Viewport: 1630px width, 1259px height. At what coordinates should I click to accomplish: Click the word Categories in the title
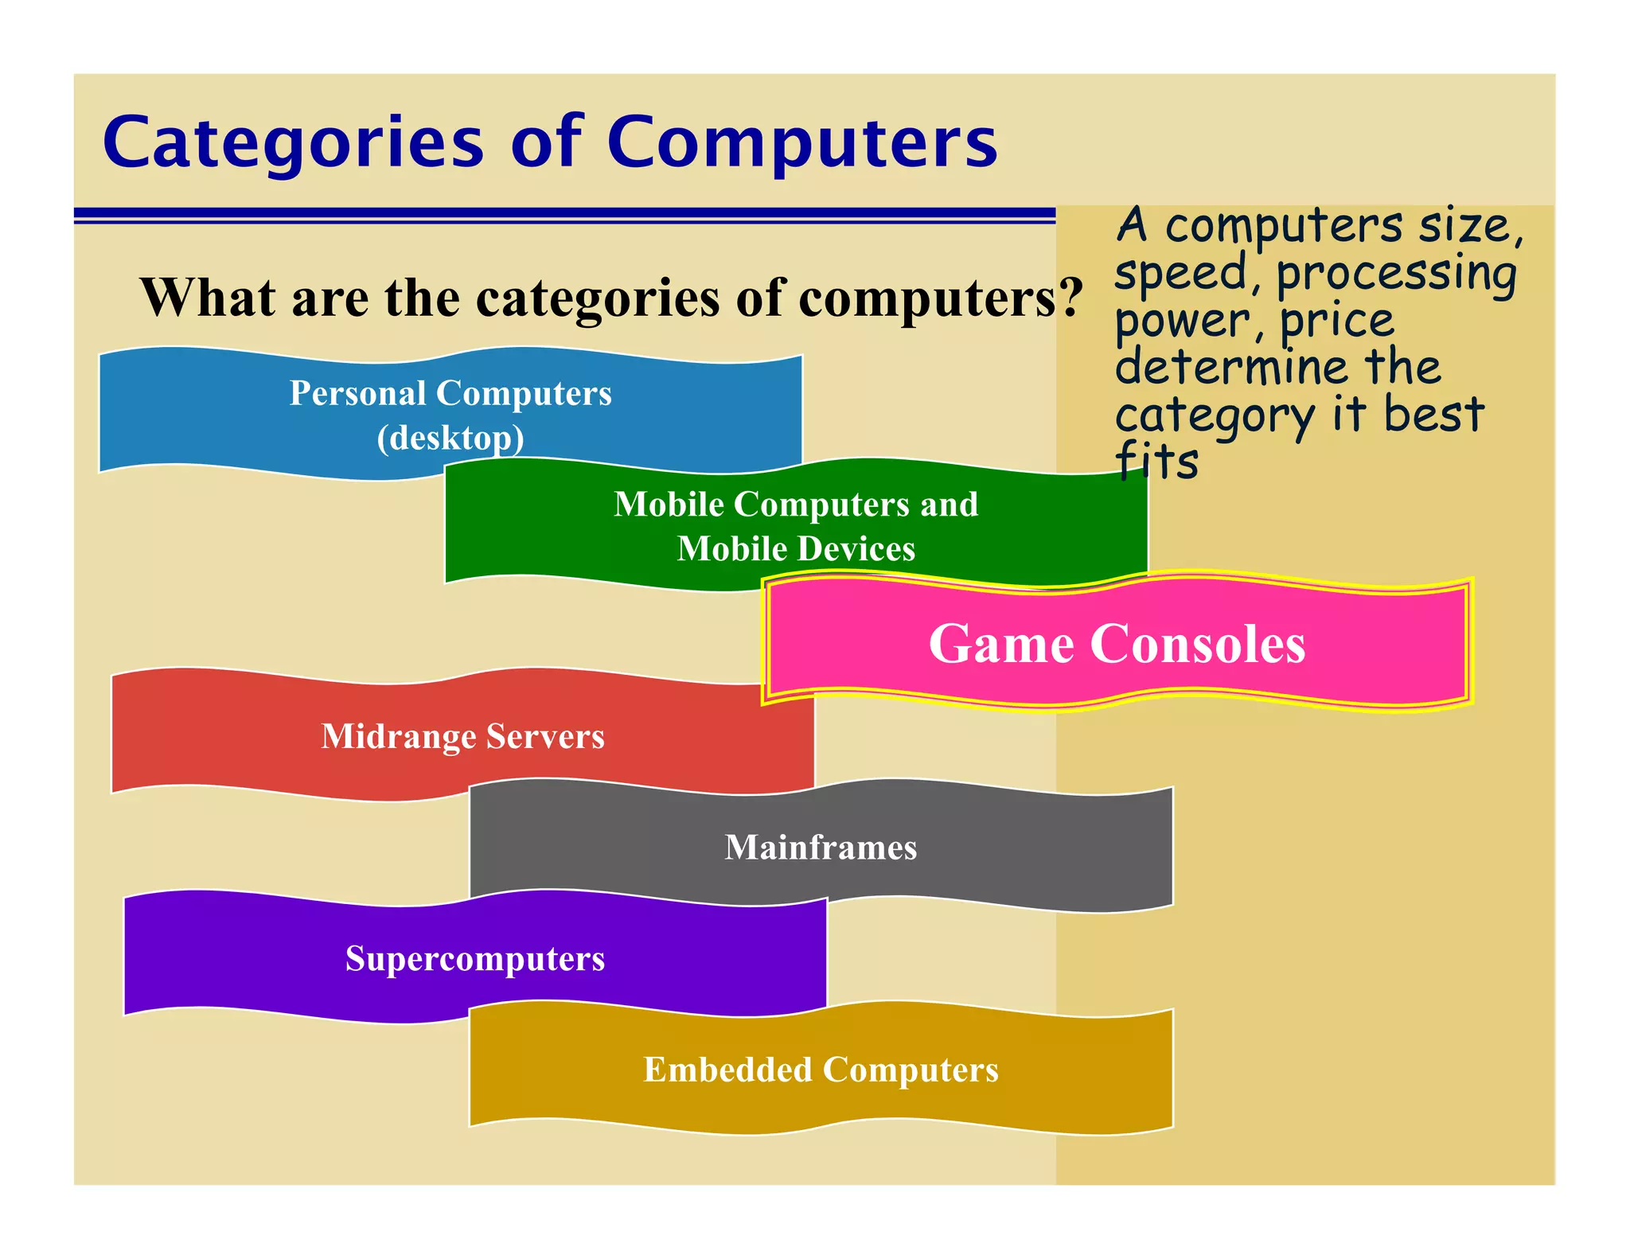click(293, 143)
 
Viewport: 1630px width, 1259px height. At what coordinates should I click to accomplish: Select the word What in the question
click(209, 298)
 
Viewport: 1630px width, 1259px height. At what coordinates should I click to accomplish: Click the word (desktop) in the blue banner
click(450, 438)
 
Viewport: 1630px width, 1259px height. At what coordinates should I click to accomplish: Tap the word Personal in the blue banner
click(357, 393)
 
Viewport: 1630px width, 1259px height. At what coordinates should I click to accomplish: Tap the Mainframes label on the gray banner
click(821, 848)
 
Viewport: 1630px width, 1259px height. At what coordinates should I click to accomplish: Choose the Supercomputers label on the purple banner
click(475, 958)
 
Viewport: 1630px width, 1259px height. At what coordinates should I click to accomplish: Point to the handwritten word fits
click(1156, 462)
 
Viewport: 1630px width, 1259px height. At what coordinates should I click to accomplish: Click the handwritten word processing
click(1397, 274)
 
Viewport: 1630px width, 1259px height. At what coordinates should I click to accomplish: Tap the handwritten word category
click(1215, 416)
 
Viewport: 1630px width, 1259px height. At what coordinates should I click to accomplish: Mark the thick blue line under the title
click(564, 212)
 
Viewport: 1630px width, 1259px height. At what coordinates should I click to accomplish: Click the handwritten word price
click(1337, 322)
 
